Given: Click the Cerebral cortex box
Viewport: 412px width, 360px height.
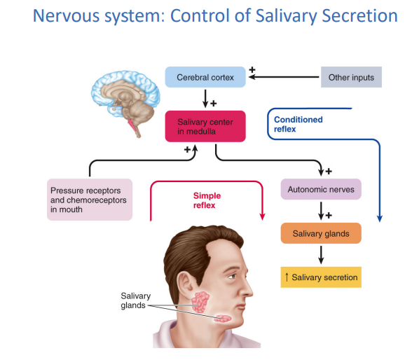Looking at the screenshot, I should (x=205, y=77).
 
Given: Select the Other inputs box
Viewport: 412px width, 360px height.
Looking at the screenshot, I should (x=351, y=77).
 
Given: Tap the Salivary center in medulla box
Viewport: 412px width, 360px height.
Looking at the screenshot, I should (x=205, y=127).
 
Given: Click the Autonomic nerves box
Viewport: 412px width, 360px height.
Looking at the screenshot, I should (x=321, y=189).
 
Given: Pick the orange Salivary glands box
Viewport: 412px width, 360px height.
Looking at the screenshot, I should (x=321, y=233).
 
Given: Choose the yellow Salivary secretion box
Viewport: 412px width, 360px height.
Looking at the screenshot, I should (x=321, y=277).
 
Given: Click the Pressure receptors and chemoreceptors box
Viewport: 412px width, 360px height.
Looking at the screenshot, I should (x=90, y=200).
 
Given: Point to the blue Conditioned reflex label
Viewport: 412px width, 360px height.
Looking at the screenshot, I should (x=298, y=124).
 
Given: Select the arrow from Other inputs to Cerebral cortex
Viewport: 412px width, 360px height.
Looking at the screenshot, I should (x=284, y=77).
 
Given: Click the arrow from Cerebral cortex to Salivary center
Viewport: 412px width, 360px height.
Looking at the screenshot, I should (x=205, y=99).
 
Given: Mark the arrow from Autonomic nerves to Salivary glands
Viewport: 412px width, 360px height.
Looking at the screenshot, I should (x=321, y=211).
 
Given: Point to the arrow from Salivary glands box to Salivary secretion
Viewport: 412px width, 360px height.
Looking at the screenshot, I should (x=321, y=255).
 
